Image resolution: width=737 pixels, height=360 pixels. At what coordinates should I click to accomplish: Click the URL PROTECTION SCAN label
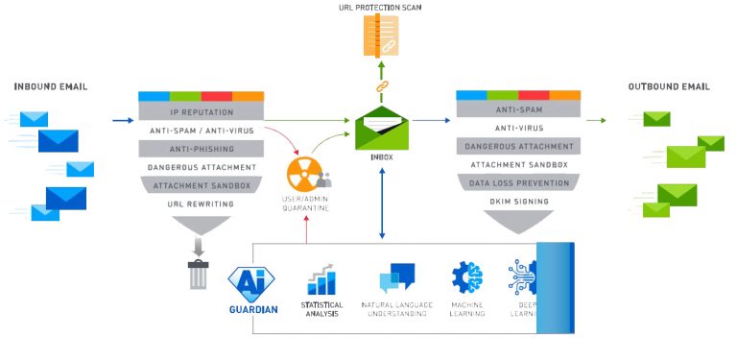(380, 8)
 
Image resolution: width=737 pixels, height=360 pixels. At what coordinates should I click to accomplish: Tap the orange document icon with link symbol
(380, 35)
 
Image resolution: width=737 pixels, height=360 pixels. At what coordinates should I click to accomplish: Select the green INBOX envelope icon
(381, 128)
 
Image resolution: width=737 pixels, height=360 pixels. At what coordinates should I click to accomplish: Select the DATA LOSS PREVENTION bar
(517, 182)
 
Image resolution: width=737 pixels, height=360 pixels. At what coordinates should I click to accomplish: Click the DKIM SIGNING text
(517, 202)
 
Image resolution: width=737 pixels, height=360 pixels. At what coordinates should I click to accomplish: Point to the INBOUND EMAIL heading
(51, 87)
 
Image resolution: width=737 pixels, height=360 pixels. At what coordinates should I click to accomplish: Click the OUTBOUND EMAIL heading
(669, 87)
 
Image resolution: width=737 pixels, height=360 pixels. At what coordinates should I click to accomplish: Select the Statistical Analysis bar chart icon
(321, 279)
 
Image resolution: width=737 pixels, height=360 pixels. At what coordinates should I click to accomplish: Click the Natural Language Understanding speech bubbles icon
(396, 277)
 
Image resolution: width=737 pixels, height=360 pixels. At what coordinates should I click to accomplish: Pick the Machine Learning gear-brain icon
(467, 277)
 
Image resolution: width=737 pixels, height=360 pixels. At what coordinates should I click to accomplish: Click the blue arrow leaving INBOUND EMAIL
(122, 121)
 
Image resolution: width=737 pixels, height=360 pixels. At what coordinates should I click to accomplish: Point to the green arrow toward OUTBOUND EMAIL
(596, 121)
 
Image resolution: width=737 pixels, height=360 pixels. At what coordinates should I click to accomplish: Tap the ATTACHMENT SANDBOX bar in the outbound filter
(517, 164)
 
